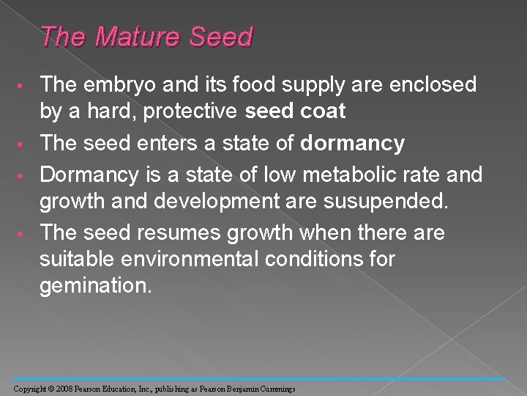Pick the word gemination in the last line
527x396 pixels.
coord(96,286)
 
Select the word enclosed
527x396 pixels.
coord(415,85)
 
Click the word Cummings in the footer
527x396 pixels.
coord(274,388)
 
